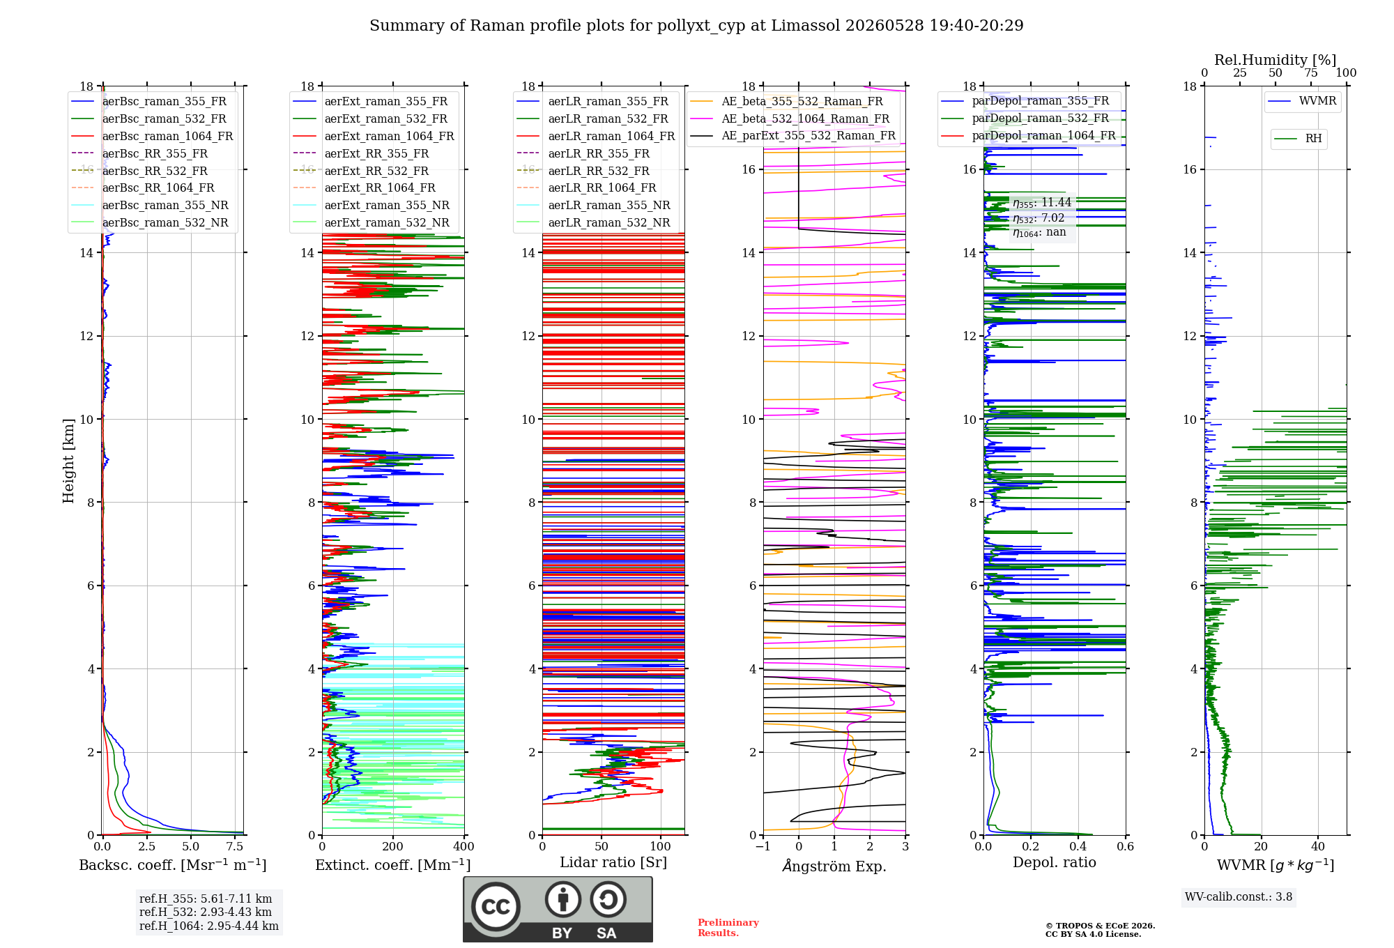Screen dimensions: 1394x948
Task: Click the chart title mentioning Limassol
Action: [x=696, y=26]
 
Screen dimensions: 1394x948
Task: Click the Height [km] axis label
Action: [x=68, y=461]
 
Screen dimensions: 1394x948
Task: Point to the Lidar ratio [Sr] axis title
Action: [x=613, y=862]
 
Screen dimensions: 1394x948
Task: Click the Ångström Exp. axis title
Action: [x=834, y=866]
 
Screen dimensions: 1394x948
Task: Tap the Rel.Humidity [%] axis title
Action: [x=1276, y=60]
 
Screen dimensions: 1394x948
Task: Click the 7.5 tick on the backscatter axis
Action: [x=235, y=847]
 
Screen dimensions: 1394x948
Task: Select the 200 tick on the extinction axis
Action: [x=392, y=847]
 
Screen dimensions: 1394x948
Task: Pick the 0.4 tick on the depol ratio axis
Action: [x=1078, y=847]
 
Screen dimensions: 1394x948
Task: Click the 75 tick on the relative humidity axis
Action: [x=1311, y=72]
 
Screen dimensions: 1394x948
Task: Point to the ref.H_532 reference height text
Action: [x=206, y=912]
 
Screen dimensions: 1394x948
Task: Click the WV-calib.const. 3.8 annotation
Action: [x=1239, y=897]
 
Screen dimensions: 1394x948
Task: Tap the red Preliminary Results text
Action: [x=728, y=928]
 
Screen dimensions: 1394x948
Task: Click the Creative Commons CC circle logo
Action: [x=496, y=907]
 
